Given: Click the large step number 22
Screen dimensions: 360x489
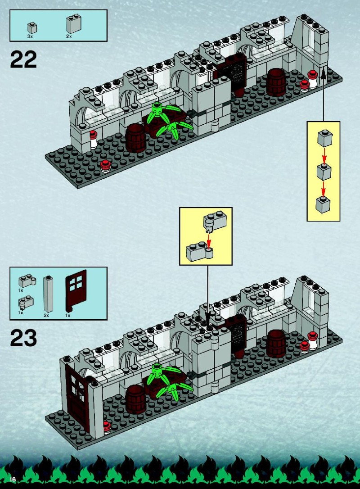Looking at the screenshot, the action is [23, 59].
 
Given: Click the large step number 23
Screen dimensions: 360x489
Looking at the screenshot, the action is [23, 338].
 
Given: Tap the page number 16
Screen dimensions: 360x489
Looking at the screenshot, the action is [13, 479].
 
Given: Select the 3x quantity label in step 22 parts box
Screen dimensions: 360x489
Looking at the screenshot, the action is [30, 36].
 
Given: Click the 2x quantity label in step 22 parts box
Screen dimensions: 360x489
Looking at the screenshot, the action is [69, 36].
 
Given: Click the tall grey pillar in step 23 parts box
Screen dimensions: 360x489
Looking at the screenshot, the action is [48, 294].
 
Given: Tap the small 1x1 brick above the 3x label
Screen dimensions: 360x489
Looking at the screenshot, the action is [32, 28].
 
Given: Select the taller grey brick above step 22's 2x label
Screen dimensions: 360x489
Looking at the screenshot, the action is [73, 24].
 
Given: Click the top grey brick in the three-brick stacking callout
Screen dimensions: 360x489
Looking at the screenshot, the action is [324, 139].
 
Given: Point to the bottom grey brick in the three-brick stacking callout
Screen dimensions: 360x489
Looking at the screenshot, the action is [323, 204].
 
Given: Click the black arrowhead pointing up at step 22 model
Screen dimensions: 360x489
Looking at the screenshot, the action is [323, 73].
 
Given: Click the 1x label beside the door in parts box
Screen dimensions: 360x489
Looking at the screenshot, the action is [67, 315].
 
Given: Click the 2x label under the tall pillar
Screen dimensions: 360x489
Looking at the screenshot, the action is [46, 315].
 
